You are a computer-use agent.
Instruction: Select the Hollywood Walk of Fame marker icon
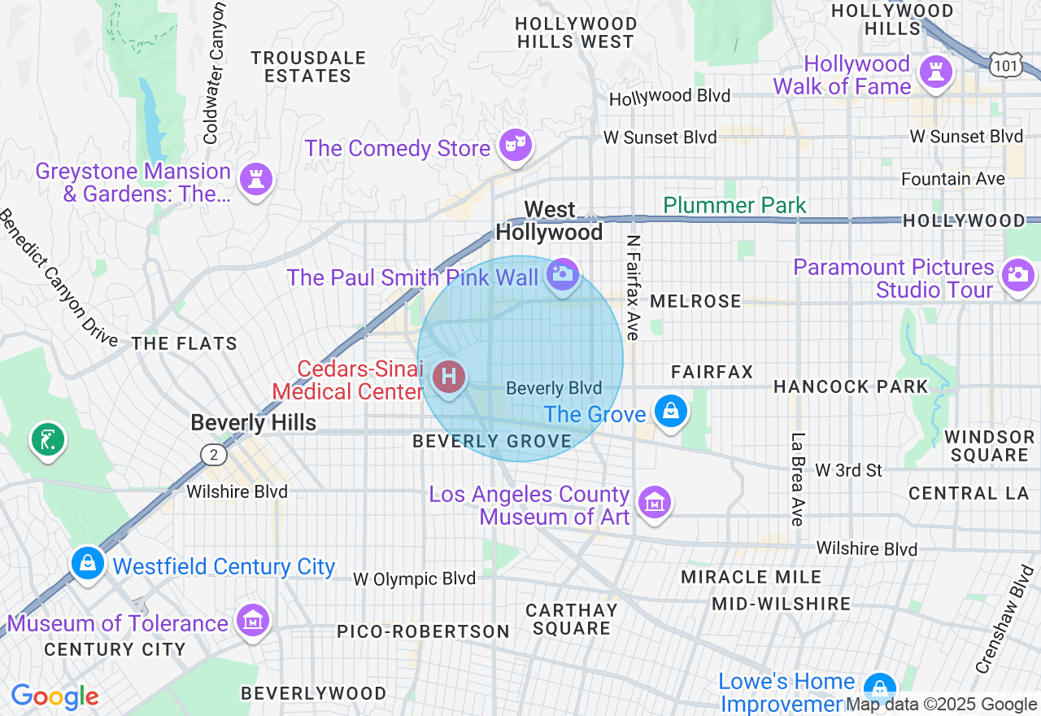coord(935,72)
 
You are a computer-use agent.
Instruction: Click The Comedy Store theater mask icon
coord(516,146)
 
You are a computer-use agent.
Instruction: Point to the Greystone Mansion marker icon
coord(256,179)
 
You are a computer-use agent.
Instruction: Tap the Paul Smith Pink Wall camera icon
coord(561,274)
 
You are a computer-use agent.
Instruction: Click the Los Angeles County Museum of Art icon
coord(654,502)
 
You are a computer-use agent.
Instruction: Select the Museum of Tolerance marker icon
coord(252,621)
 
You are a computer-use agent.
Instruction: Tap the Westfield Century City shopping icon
coord(87,563)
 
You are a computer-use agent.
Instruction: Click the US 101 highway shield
coord(1005,65)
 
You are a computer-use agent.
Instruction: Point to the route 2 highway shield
coord(213,454)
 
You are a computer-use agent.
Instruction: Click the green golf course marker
coord(48,439)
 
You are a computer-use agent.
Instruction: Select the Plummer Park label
coord(734,205)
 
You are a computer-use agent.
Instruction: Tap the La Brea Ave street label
coord(797,479)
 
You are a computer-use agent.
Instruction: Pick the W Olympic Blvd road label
coord(414,578)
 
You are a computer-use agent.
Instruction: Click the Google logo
coord(54,696)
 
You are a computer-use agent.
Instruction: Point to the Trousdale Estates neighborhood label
coord(307,67)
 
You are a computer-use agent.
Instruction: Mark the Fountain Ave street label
coord(952,178)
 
